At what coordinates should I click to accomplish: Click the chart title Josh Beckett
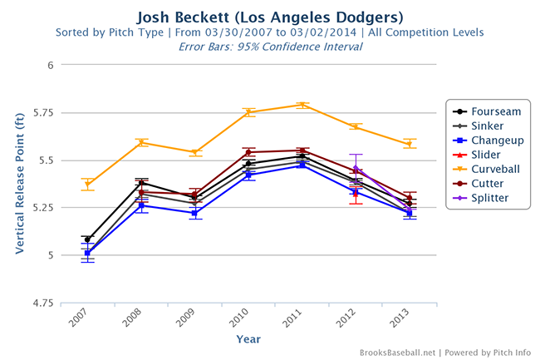tap(270, 16)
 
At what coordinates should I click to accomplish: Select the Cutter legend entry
tap(488, 184)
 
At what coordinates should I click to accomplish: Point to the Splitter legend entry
tap(490, 198)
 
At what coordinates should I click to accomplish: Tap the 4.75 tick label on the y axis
tap(42, 303)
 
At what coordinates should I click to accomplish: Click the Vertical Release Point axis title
tap(17, 184)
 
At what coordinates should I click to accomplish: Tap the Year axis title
tap(248, 339)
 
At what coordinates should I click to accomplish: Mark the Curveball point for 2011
tap(302, 105)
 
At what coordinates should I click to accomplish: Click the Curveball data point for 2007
tap(87, 184)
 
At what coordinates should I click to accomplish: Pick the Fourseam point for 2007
tap(87, 239)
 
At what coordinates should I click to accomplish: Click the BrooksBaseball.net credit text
tap(398, 353)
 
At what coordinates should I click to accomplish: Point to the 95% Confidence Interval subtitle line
tap(270, 47)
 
